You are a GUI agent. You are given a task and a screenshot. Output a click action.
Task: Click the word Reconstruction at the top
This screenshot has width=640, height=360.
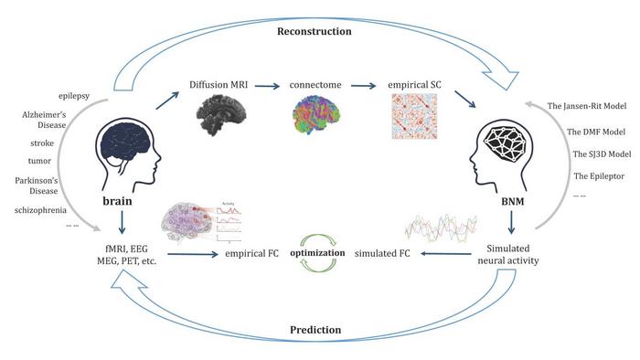[315, 31]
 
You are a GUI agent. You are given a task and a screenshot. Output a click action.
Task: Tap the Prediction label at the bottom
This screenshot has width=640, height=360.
[315, 330]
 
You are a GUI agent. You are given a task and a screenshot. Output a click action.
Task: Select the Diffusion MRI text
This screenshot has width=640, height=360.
[219, 85]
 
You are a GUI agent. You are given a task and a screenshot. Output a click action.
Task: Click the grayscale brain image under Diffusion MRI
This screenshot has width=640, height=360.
[221, 115]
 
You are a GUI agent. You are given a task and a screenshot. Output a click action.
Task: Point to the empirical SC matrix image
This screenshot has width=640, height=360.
[414, 116]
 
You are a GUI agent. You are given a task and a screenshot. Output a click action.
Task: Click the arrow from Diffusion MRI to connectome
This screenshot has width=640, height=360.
[268, 86]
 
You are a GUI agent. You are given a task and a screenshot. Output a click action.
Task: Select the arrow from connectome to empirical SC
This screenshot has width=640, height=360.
[363, 86]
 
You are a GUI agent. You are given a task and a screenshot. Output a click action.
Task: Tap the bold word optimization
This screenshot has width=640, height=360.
[317, 253]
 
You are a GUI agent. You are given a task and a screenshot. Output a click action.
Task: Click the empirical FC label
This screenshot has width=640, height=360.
[251, 254]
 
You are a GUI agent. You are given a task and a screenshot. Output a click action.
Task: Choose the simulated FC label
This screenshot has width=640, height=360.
[382, 253]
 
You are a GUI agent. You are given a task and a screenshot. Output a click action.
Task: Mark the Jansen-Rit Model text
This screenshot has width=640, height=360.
[587, 106]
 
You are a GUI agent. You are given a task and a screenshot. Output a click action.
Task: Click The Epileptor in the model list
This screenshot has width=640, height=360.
[599, 176]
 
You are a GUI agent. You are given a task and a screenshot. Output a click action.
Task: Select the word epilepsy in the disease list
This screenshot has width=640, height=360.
[74, 96]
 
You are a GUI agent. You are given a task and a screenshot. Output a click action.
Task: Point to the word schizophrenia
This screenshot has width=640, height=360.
[40, 210]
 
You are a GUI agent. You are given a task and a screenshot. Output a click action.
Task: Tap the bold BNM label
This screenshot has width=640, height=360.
[513, 201]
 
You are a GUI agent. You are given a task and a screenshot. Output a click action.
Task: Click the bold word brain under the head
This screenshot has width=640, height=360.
[117, 201]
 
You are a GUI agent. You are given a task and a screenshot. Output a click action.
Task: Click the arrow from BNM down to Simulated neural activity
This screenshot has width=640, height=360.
[511, 222]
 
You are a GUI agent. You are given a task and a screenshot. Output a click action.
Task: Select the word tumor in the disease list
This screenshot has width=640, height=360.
[39, 161]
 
